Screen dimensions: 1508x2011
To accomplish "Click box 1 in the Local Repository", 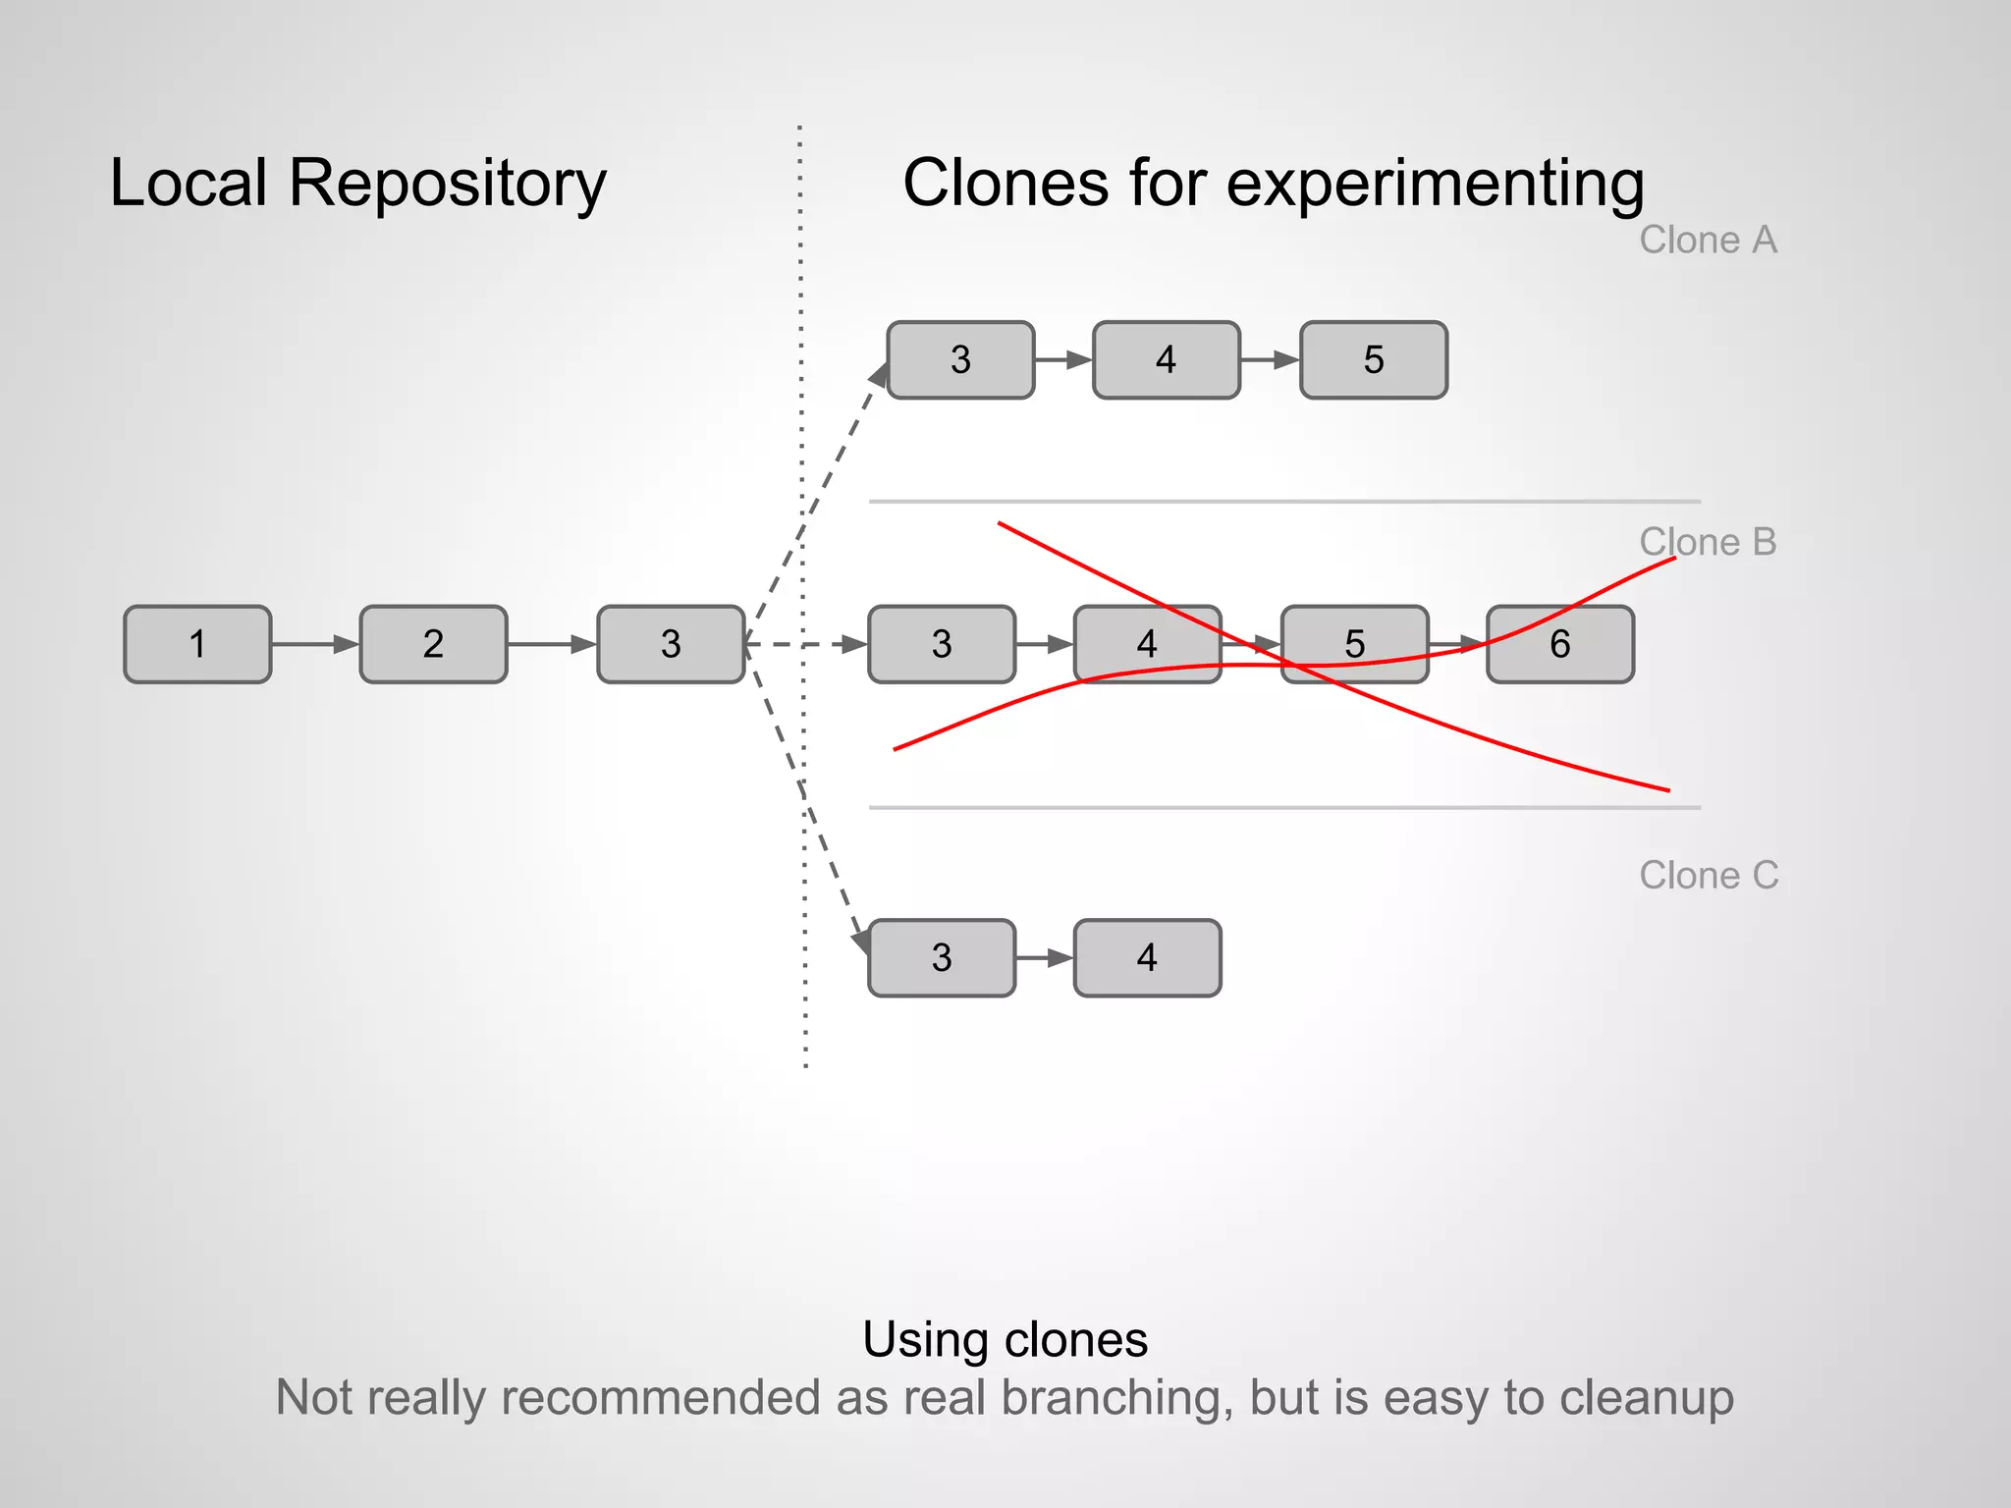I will pos(197,644).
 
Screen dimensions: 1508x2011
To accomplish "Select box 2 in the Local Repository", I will pos(433,644).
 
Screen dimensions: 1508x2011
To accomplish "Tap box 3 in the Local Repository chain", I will pos(671,644).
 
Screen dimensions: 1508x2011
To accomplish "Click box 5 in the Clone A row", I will pos(1373,359).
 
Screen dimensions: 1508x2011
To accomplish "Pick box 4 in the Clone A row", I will pos(1166,359).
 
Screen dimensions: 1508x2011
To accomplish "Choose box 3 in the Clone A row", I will pos(960,359).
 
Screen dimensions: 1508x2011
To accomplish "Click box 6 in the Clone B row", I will pos(1559,644).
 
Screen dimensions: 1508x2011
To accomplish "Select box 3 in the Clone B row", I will pos(941,644).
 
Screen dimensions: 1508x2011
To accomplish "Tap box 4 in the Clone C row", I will pos(1147,957).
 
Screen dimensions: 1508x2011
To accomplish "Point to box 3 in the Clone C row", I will pos(941,957).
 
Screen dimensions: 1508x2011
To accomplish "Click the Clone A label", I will pos(1708,240).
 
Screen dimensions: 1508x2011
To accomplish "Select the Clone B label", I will pos(1708,542).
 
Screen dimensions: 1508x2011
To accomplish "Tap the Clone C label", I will pos(1708,875).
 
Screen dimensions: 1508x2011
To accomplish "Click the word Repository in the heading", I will pos(447,185).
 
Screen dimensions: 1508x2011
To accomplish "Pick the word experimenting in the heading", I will pos(1435,185).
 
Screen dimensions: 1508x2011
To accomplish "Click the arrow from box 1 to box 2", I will pos(315,644).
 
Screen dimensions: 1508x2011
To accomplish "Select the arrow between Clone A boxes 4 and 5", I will pos(1270,359).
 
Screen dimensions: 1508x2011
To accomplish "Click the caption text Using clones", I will pos(1005,1339).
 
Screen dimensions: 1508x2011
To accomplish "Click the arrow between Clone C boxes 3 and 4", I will pos(1045,957).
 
